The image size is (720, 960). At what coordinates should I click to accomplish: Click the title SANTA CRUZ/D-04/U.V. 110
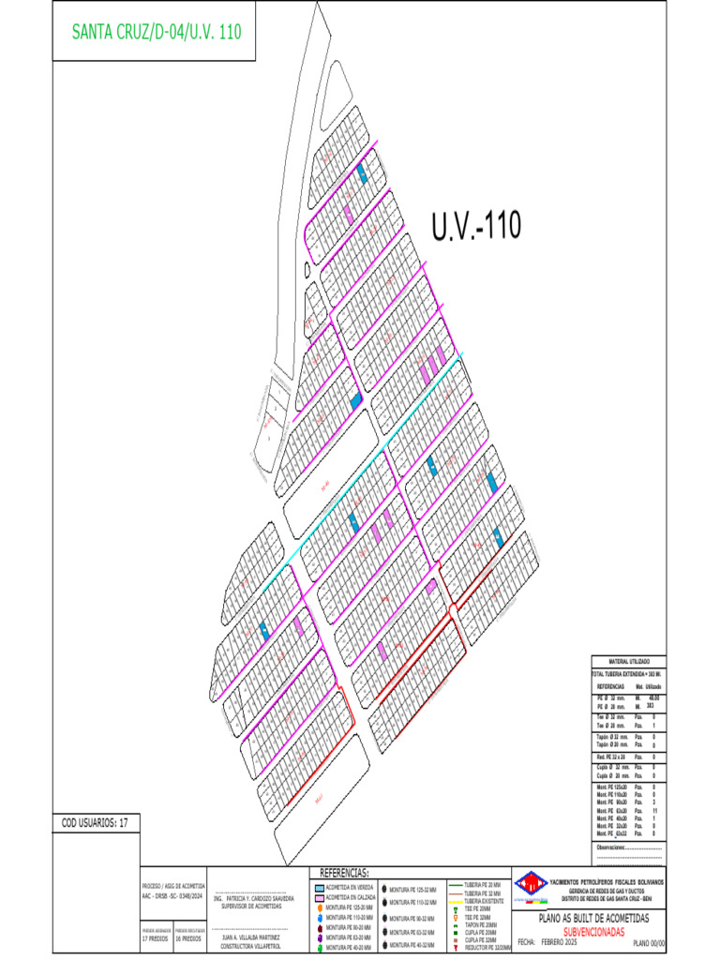157,31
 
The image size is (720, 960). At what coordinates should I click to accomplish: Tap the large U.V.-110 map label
475,226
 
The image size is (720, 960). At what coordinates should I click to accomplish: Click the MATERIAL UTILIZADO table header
628,662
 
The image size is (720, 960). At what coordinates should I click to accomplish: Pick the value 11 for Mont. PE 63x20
653,809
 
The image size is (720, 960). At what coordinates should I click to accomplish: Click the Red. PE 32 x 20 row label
613,756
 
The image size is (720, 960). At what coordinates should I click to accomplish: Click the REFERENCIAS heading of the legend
345,872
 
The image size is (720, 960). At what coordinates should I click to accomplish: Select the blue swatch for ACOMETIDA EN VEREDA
319,886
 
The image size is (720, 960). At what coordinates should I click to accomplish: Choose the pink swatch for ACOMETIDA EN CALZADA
319,896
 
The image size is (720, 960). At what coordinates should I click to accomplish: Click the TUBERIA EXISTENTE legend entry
484,901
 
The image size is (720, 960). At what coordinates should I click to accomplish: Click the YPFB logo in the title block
531,883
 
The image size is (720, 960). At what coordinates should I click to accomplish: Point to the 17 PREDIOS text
156,937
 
